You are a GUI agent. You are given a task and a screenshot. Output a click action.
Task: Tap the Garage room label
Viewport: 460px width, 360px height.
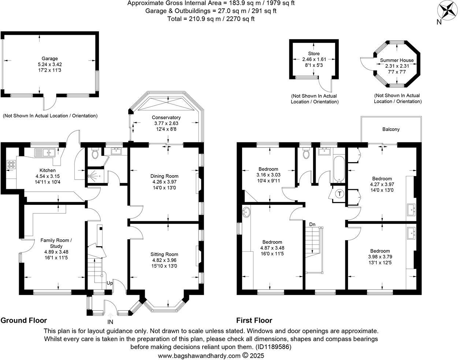49,59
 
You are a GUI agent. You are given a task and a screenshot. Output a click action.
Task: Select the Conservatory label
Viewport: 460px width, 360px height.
166,117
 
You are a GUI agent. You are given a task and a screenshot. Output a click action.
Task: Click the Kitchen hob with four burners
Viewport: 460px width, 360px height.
11,165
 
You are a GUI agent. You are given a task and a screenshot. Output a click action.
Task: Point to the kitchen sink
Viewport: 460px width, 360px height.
44,152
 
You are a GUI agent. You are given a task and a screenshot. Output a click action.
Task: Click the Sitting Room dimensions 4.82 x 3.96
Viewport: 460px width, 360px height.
165,260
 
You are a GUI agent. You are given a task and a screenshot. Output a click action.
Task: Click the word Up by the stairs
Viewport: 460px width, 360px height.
110,283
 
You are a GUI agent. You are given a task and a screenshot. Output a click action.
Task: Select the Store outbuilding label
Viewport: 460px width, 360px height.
314,53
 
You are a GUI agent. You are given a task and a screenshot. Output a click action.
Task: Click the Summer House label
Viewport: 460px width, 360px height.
397,60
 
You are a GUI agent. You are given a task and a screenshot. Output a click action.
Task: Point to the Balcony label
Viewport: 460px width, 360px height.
391,129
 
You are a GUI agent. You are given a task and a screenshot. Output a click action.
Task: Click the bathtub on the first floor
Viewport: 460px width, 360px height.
339,169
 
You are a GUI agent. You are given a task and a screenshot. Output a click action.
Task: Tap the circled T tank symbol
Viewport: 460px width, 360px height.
340,194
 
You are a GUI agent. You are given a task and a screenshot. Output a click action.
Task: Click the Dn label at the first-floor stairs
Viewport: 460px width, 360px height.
312,224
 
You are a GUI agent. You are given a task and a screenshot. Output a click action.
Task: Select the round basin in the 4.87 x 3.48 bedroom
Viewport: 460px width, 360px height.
247,211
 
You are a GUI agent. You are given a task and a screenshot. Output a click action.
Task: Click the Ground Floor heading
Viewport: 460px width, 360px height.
24,320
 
